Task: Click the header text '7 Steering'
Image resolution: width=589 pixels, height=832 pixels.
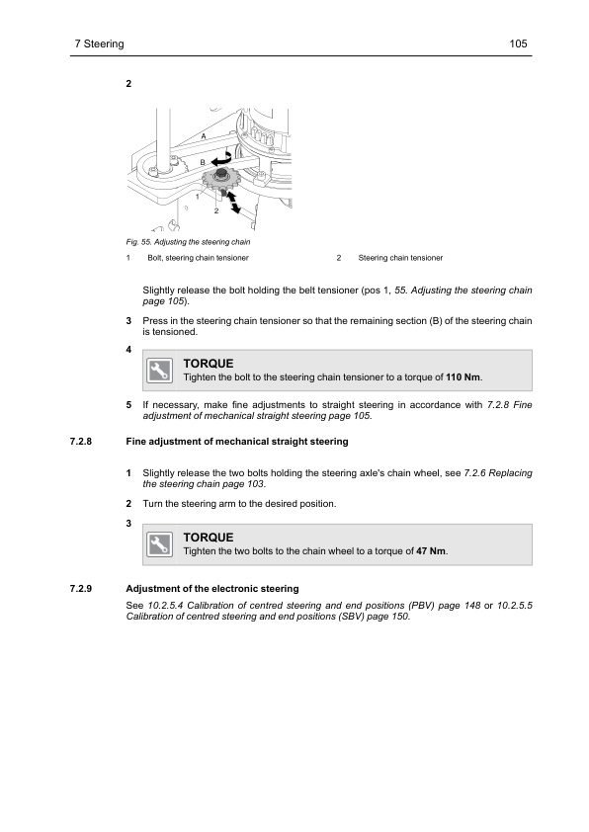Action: coord(99,44)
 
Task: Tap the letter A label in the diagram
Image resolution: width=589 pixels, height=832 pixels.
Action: coord(204,135)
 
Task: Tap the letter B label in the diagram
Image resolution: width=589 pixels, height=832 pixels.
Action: coord(202,160)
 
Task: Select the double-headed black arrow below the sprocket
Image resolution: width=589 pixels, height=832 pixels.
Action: coord(233,203)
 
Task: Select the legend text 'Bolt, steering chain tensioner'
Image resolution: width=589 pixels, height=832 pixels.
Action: coord(198,258)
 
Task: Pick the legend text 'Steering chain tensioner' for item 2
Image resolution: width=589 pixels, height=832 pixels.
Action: coord(400,258)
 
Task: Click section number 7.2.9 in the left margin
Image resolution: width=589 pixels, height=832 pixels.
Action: coord(84,590)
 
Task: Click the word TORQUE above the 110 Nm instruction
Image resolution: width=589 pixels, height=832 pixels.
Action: coord(208,364)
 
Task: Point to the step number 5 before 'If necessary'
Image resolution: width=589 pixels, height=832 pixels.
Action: coord(129,405)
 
